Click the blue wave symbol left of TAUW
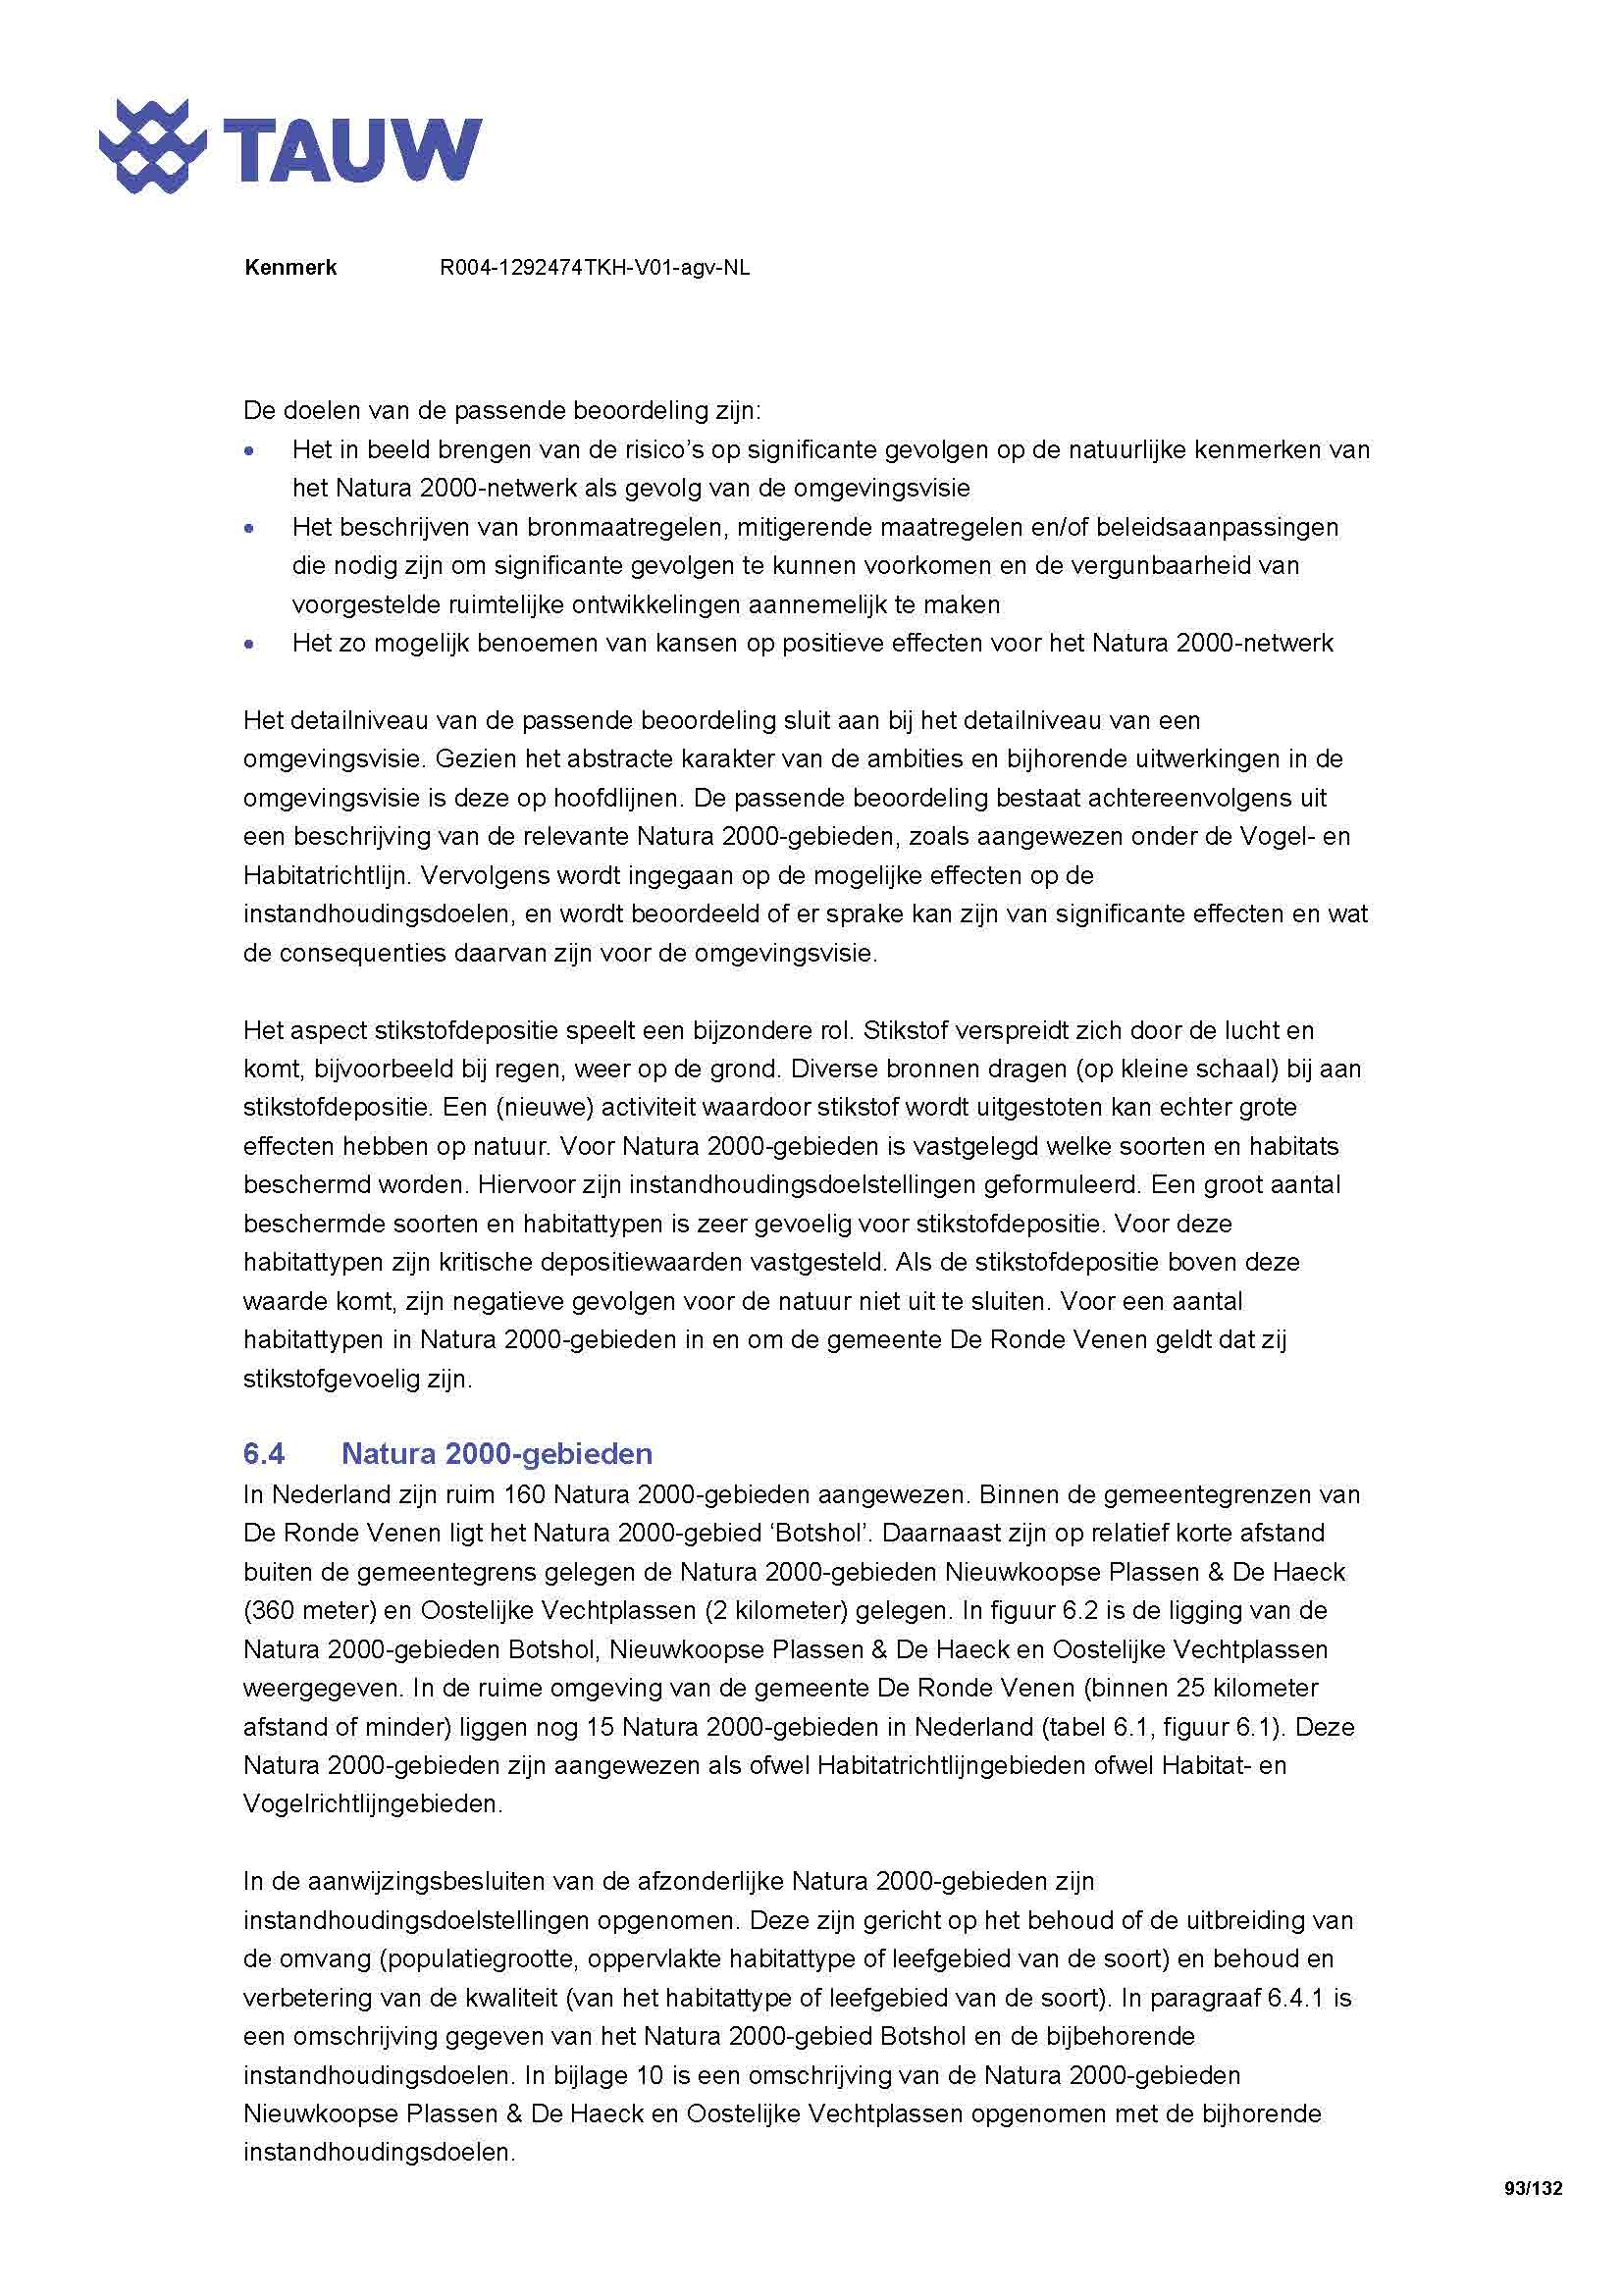point(152,146)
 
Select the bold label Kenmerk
point(289,268)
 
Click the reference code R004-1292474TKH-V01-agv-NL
point(595,268)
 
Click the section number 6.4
point(264,1453)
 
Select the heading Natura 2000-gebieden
point(497,1453)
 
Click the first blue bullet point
point(249,450)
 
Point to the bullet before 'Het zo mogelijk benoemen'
point(249,645)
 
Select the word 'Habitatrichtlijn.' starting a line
point(327,876)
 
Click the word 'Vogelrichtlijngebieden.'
point(373,1804)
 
